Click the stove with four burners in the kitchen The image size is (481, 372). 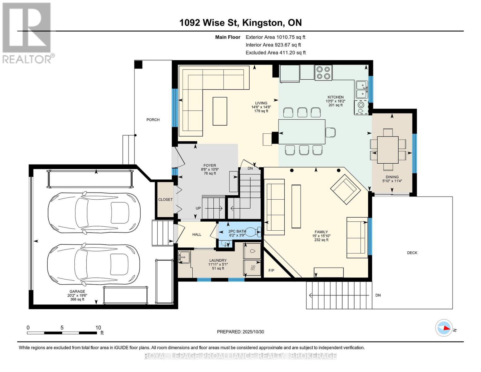[323, 73]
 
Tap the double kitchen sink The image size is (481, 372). [361, 89]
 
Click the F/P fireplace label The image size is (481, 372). [271, 271]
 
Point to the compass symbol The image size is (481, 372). [444, 328]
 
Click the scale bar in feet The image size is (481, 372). [62, 333]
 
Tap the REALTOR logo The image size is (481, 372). [27, 33]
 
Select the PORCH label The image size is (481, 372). [153, 120]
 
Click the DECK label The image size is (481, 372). [412, 253]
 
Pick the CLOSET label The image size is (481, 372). [165, 200]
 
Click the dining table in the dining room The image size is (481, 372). [387, 150]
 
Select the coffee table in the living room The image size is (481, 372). [220, 111]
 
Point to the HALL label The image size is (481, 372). [197, 235]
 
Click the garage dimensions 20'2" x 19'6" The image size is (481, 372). [77, 295]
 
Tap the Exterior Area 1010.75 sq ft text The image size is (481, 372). [275, 37]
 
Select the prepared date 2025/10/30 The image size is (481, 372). [240, 332]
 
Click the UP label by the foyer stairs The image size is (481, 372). [198, 208]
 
